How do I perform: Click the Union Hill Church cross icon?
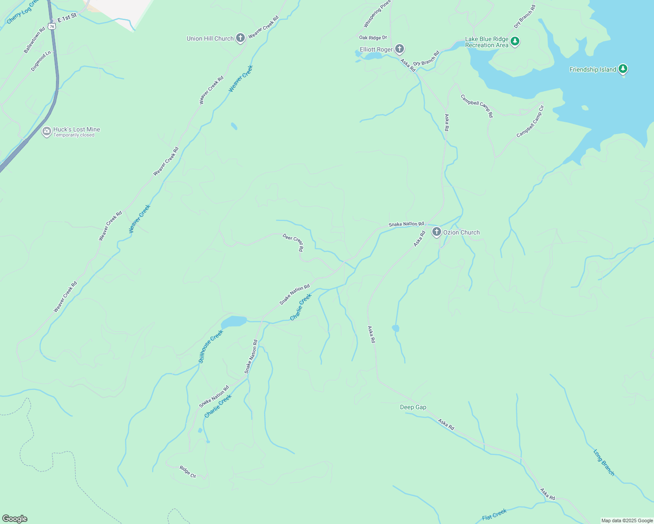pyautogui.click(x=240, y=38)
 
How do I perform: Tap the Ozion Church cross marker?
pyautogui.click(x=436, y=232)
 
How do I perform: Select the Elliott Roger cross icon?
pyautogui.click(x=399, y=49)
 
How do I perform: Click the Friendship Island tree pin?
pyautogui.click(x=623, y=69)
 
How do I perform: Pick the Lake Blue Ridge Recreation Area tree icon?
pyautogui.click(x=515, y=41)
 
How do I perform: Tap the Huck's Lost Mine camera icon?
pyautogui.click(x=46, y=131)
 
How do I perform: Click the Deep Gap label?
pyautogui.click(x=413, y=407)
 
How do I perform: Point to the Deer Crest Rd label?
pyautogui.click(x=293, y=242)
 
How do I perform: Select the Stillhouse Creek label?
pyautogui.click(x=211, y=346)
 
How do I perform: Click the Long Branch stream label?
pyautogui.click(x=604, y=462)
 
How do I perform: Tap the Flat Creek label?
pyautogui.click(x=494, y=515)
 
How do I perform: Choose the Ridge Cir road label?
pyautogui.click(x=188, y=471)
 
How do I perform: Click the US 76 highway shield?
pyautogui.click(x=52, y=26)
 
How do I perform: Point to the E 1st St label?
pyautogui.click(x=67, y=18)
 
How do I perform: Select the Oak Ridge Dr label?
pyautogui.click(x=373, y=38)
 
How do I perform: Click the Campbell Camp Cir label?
pyautogui.click(x=530, y=121)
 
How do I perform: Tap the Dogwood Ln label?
pyautogui.click(x=41, y=61)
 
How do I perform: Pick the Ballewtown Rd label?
pyautogui.click(x=34, y=41)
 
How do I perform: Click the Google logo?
pyautogui.click(x=14, y=519)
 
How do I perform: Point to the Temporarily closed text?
pyautogui.click(x=74, y=135)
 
